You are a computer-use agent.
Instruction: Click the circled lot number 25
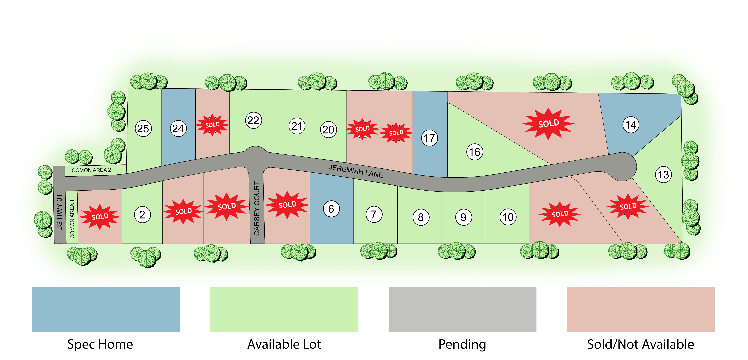pos(143,129)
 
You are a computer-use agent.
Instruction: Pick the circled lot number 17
pos(429,138)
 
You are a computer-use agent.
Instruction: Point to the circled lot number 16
pos(475,152)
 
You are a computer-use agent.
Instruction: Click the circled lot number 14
pos(631,125)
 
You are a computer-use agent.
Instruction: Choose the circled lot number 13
pos(664,175)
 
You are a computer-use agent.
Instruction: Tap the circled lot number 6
pos(331,209)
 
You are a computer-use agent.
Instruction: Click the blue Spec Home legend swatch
pos(106,309)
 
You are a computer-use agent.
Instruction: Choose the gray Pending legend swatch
pos(462,309)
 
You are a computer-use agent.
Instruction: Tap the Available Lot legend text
pos(284,344)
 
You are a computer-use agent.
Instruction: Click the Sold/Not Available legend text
pos(641,344)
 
